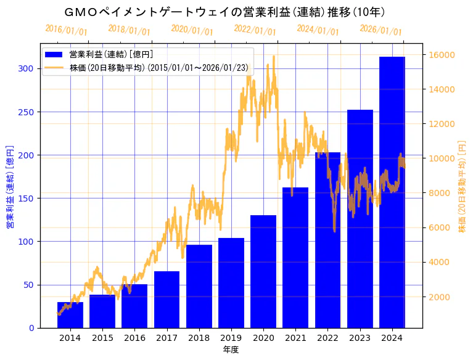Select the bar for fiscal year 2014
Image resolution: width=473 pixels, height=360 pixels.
(70, 315)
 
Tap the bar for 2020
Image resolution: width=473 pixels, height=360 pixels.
(263, 271)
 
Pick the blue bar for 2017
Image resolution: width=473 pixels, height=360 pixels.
(167, 300)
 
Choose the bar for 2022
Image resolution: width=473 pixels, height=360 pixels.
(327, 240)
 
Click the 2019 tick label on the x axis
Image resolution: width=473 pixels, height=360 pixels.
(231, 338)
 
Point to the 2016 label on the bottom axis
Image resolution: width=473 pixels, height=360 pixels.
(134, 338)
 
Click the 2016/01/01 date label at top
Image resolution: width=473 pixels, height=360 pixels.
(67, 30)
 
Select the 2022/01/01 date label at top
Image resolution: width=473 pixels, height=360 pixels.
(255, 30)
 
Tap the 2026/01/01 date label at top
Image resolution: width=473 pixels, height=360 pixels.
(380, 30)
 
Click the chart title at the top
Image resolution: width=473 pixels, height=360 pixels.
(225, 12)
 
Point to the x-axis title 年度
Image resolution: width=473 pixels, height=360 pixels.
(231, 350)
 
